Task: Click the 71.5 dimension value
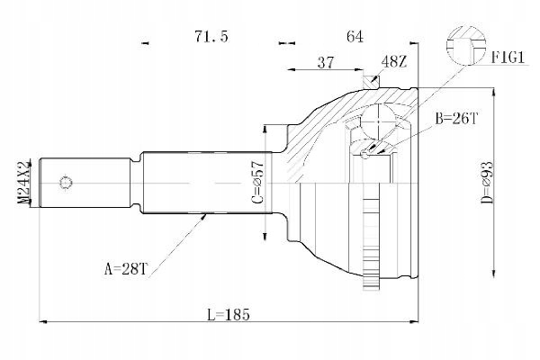coord(211,36)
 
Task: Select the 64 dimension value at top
coord(355,36)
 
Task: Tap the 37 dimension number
coord(326,62)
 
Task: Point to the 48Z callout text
coord(395,62)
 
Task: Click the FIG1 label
coord(508,58)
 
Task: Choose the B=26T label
coord(456,119)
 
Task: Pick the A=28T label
coord(126,269)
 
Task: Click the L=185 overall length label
coord(229,314)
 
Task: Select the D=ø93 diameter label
coord(488,183)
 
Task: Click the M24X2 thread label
coord(24,183)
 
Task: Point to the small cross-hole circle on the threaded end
coord(66,183)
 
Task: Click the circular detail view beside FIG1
coord(466,46)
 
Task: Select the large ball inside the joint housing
coord(379,121)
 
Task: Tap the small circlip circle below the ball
coord(365,154)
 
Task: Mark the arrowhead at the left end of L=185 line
coord(42,322)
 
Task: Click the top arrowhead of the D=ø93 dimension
coord(494,92)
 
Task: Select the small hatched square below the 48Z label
coord(371,82)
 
